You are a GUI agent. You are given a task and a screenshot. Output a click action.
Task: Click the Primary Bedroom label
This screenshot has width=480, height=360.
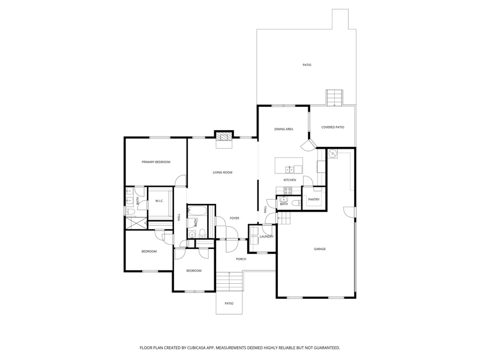tap(156, 162)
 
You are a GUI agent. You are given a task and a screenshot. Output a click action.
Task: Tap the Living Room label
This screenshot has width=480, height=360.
tap(223, 172)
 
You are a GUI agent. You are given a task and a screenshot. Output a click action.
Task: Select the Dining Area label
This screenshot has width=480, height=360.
tap(283, 129)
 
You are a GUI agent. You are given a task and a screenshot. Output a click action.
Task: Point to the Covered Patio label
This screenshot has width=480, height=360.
tap(332, 127)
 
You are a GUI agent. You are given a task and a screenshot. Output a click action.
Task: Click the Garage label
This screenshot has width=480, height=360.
tap(320, 249)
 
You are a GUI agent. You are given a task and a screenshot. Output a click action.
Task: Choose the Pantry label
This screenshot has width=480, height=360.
tap(314, 199)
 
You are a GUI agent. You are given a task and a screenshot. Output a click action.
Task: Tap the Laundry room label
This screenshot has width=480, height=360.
tap(266, 236)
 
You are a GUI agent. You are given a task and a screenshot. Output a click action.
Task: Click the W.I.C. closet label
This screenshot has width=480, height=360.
tap(159, 201)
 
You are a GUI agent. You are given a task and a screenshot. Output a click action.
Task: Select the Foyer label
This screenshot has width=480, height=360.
tap(235, 218)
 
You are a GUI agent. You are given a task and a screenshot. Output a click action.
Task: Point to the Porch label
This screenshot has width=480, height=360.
tap(241, 259)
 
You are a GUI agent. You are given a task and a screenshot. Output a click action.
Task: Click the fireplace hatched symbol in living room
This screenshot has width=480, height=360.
tap(223, 137)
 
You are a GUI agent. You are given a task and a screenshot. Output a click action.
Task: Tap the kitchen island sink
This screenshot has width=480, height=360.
tap(290, 169)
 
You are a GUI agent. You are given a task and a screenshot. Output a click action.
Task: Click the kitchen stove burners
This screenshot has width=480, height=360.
tap(288, 191)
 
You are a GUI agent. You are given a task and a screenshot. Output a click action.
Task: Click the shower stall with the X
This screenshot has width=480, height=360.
tap(136, 223)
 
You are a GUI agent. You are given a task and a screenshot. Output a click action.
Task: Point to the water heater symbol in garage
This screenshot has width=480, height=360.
tap(332, 153)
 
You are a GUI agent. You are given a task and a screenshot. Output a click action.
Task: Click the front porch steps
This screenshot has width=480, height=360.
tap(229, 281)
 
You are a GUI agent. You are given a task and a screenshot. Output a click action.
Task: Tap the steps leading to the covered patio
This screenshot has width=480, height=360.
tap(334, 98)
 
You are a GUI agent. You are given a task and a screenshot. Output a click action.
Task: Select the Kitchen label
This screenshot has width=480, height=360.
tap(290, 180)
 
